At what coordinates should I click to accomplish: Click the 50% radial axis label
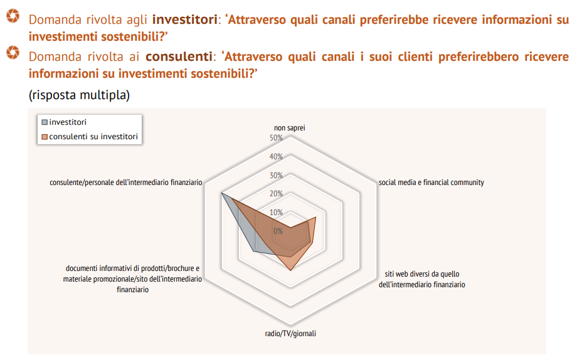pyautogui.click(x=276, y=138)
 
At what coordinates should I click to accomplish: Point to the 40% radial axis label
pyautogui.click(x=276, y=156)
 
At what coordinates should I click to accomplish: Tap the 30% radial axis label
pyautogui.click(x=276, y=175)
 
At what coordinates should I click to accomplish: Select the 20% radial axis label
pyautogui.click(x=276, y=194)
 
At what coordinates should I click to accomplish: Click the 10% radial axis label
pyautogui.click(x=276, y=213)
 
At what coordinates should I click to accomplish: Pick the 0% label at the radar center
pyautogui.click(x=278, y=231)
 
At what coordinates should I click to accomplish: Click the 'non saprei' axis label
pyautogui.click(x=290, y=128)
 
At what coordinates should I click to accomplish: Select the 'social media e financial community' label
pyautogui.click(x=431, y=183)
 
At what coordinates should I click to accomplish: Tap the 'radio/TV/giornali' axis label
pyautogui.click(x=290, y=334)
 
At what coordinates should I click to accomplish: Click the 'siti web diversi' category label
pyautogui.click(x=422, y=279)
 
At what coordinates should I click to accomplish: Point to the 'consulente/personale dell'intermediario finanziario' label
pyautogui.click(x=126, y=183)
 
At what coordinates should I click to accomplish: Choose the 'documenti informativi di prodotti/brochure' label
pyautogui.click(x=132, y=279)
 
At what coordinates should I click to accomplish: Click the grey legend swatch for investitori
pyautogui.click(x=45, y=122)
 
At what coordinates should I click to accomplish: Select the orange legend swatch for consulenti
pyautogui.click(x=45, y=137)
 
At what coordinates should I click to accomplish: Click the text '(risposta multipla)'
pyautogui.click(x=79, y=95)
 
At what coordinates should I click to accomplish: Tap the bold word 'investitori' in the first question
pyautogui.click(x=185, y=19)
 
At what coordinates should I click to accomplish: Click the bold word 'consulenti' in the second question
pyautogui.click(x=179, y=56)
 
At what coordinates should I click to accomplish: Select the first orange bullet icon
pyautogui.click(x=13, y=16)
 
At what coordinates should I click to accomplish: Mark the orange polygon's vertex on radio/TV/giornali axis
pyautogui.click(x=290, y=271)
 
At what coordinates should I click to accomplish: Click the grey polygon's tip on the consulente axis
pyautogui.click(x=221, y=193)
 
